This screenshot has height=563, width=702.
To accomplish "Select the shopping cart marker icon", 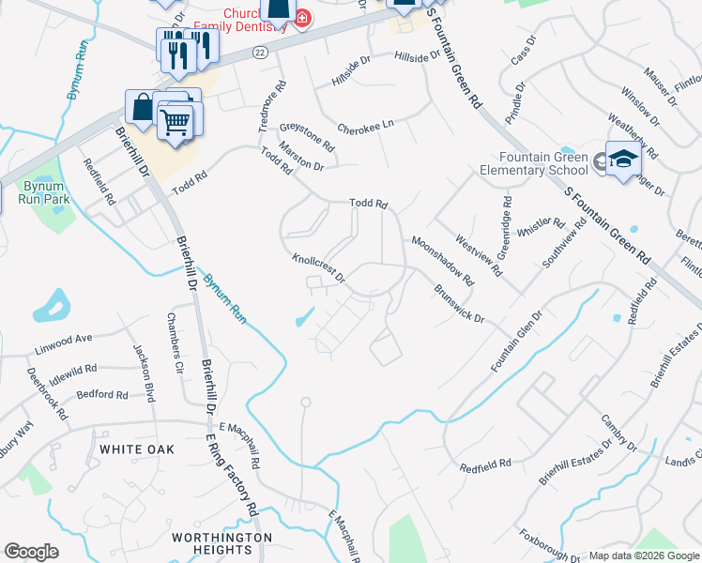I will click(175, 122).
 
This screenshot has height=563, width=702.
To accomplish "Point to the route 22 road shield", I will click(260, 53).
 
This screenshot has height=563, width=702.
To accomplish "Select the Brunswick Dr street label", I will click(458, 305).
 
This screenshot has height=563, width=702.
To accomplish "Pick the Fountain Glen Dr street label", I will click(516, 342).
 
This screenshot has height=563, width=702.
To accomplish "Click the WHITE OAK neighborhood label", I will click(137, 449).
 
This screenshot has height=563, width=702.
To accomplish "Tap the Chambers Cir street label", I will click(174, 336).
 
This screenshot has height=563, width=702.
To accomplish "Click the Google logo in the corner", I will click(32, 552).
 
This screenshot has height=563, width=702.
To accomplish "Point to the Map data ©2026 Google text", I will click(643, 555).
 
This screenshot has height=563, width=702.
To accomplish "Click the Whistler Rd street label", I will click(541, 225).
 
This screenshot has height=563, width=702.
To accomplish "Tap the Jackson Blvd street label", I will click(145, 373).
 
